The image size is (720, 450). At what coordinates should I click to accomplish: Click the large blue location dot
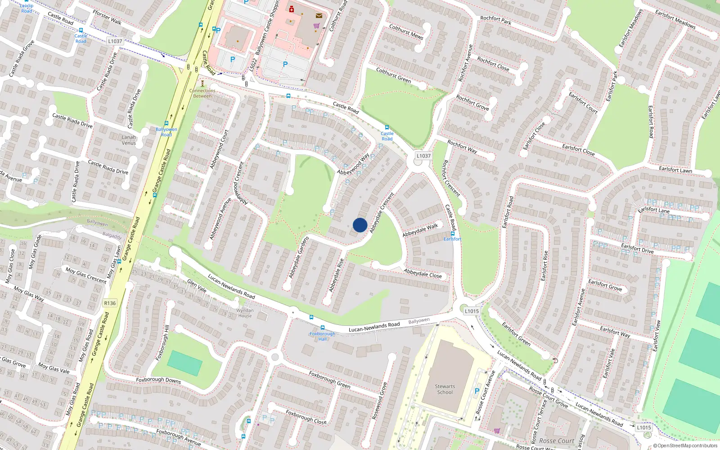(x=360, y=225)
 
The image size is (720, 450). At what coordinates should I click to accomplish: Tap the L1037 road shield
(x=423, y=156)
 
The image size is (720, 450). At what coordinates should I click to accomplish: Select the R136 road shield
(x=110, y=303)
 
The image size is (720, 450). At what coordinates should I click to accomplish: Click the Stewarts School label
(x=445, y=389)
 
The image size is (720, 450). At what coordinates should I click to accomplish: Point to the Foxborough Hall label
(x=322, y=336)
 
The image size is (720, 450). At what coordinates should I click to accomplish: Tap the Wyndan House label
(x=245, y=313)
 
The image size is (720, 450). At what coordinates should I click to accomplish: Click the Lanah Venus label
(x=129, y=140)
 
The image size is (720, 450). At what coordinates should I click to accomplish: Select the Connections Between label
(x=202, y=93)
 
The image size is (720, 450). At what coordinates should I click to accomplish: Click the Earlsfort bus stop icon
(x=453, y=234)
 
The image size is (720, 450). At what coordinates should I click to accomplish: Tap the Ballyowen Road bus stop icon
(x=166, y=123)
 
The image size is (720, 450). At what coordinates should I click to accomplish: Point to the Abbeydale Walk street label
(x=420, y=230)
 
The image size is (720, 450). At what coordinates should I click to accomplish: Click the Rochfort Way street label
(x=462, y=147)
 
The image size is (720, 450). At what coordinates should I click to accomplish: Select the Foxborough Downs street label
(x=158, y=380)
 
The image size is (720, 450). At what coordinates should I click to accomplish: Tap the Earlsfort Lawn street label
(x=675, y=170)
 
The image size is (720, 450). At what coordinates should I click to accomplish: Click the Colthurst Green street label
(x=394, y=75)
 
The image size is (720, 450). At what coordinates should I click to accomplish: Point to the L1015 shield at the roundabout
(x=472, y=311)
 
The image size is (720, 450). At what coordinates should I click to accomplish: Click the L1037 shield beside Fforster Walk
(x=115, y=41)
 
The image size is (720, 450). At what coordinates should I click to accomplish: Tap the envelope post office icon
(x=319, y=16)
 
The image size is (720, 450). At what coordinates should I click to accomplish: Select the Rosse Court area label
(x=557, y=441)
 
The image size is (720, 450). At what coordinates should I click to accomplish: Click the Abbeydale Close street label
(x=423, y=274)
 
